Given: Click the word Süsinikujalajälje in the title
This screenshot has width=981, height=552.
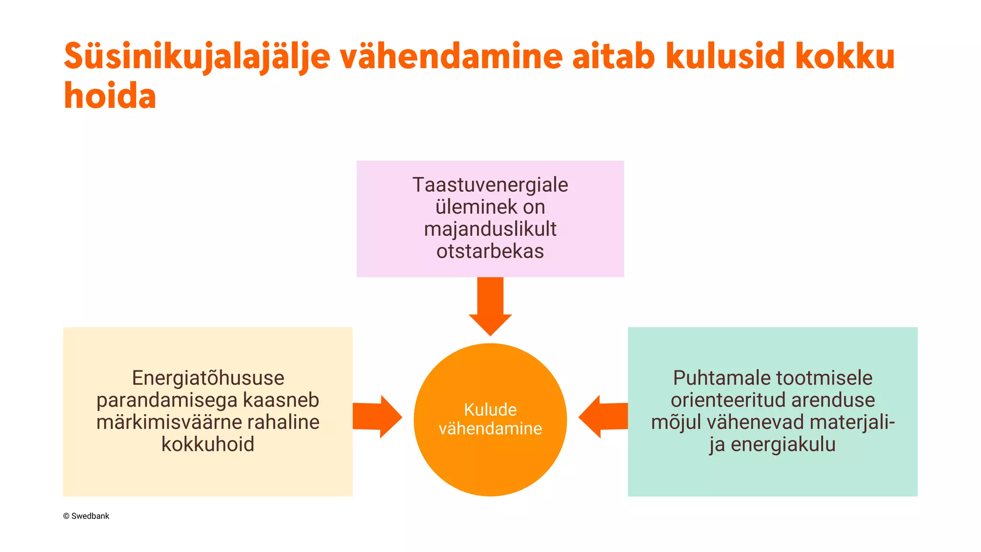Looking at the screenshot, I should click(197, 57).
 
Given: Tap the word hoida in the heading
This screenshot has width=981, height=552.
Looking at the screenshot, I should click(110, 96).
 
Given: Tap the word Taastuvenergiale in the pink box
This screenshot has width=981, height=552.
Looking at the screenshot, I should click(490, 185).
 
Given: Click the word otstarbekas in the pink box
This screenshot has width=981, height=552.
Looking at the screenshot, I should click(490, 251).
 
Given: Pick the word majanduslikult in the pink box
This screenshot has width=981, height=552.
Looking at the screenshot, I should click(490, 229).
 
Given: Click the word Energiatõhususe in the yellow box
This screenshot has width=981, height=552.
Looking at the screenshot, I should click(208, 378).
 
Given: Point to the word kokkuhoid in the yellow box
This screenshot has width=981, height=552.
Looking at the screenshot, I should click(208, 444).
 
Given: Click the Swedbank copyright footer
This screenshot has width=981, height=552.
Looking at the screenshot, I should click(86, 516).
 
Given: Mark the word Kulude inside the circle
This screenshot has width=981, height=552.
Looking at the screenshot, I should click(490, 410).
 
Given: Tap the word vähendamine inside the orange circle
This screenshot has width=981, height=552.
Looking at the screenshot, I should click(490, 428).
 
